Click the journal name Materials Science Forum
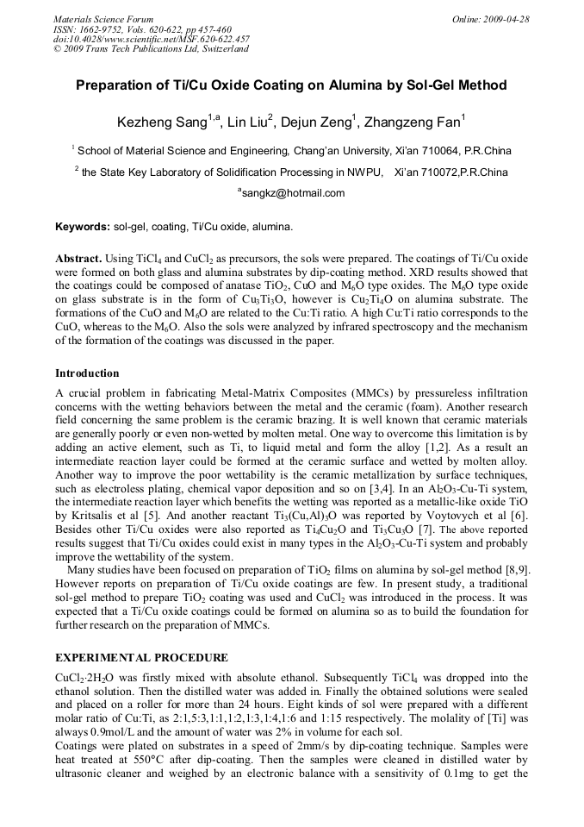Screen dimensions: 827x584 click(x=103, y=19)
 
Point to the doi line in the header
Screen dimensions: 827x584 click(x=152, y=39)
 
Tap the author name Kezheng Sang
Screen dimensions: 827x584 click(x=161, y=122)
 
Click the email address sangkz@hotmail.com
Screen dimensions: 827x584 click(x=294, y=193)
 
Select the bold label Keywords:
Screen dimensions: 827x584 click(x=83, y=228)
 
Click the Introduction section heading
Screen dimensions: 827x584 click(x=87, y=373)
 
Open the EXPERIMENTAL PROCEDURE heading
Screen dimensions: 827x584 click(x=141, y=657)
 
